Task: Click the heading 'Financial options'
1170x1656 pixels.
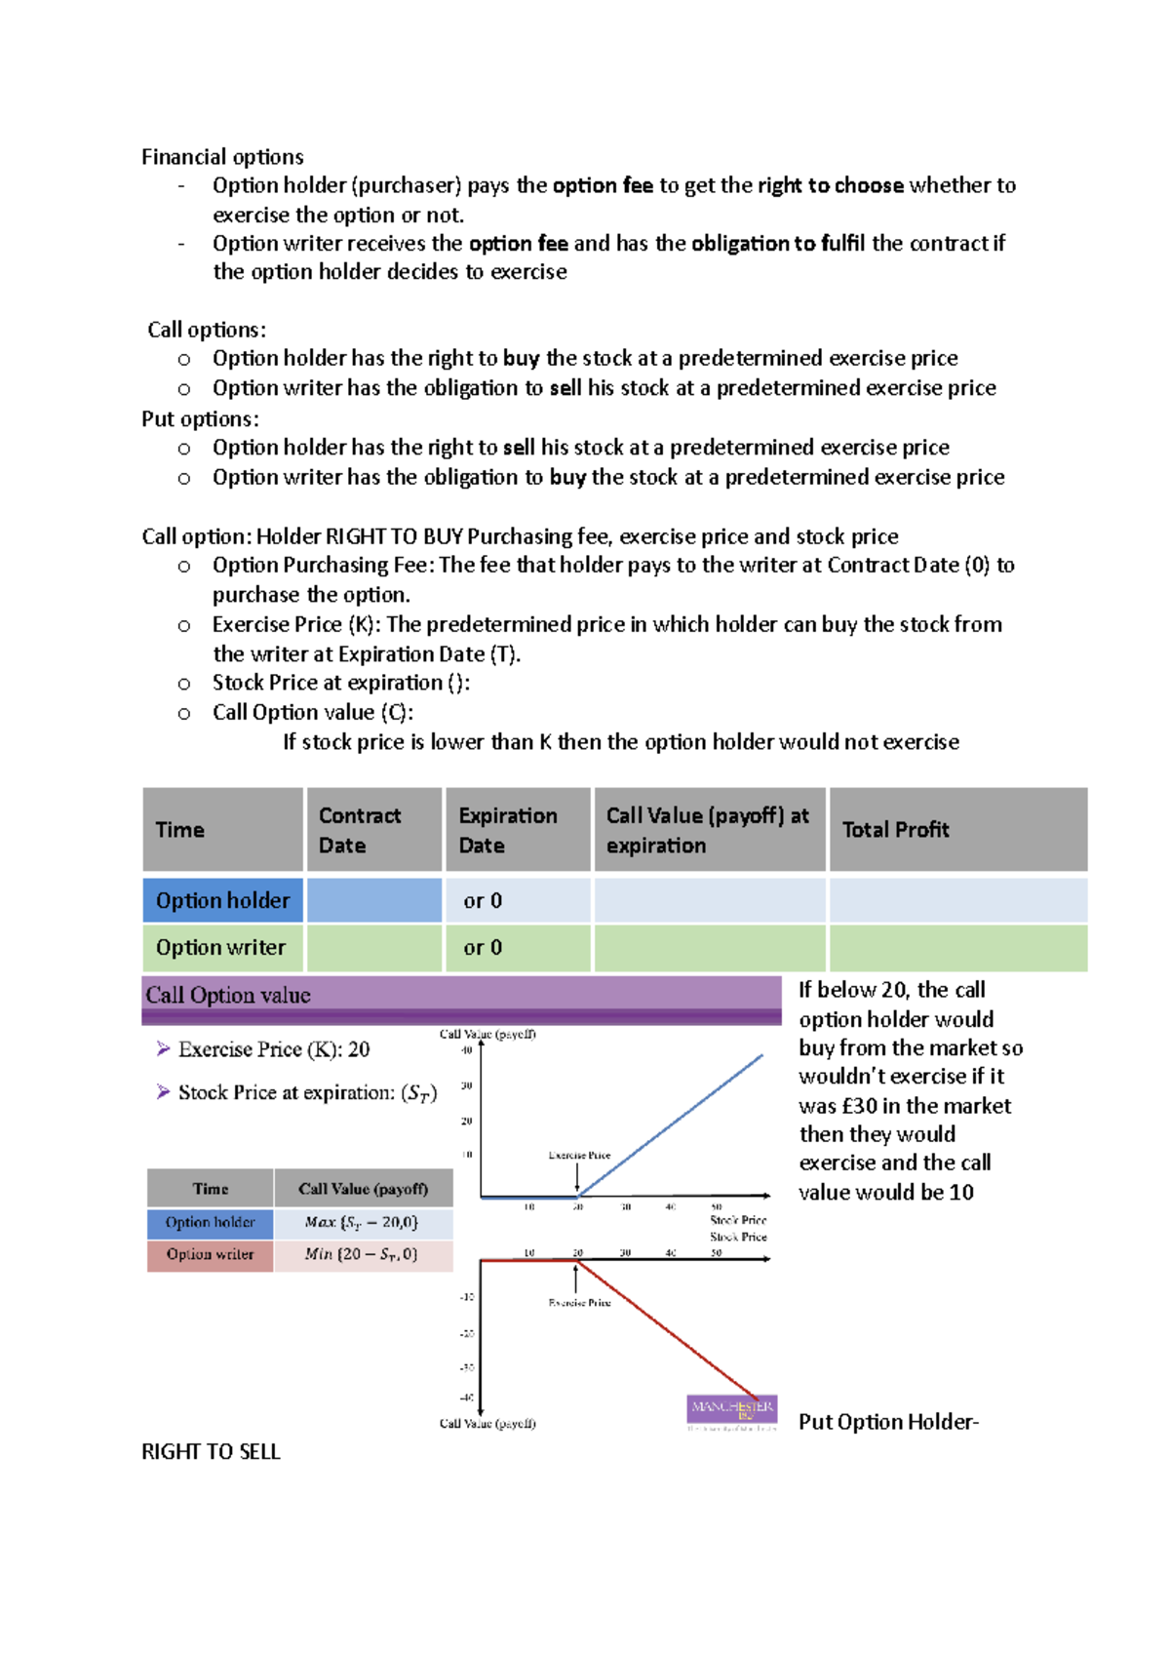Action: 222,157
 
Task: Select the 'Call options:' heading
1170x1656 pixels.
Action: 207,330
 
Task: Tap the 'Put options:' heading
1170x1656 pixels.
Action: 200,418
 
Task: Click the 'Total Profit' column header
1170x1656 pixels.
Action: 895,830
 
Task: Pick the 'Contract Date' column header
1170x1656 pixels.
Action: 360,830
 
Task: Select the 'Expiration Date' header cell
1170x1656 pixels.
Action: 508,830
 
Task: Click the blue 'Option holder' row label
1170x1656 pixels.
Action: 222,900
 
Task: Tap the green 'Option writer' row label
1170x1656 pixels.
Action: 220,947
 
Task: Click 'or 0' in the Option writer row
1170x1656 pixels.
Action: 483,947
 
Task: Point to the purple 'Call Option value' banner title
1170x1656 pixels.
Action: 228,995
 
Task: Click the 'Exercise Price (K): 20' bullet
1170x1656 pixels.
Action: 273,1049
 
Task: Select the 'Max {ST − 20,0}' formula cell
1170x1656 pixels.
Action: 362,1222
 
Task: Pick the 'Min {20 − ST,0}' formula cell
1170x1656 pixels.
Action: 362,1254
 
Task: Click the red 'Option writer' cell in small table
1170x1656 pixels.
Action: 210,1254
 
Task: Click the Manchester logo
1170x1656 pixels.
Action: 732,1411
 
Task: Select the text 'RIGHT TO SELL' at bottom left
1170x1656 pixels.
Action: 211,1451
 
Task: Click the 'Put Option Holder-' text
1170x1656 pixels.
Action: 888,1422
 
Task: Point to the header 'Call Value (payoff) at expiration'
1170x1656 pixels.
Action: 707,830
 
